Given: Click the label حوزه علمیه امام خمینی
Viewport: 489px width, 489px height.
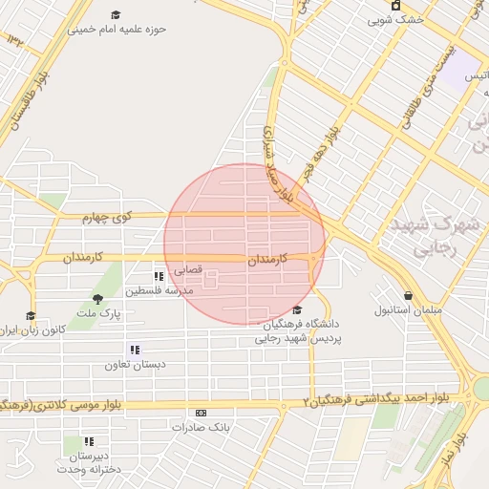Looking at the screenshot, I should click(x=117, y=29).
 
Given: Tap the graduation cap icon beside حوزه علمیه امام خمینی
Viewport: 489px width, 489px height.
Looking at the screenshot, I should click(x=116, y=15).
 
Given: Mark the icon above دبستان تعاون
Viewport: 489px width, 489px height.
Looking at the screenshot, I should click(x=134, y=351).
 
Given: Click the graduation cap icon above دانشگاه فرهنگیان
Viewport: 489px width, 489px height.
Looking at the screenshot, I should click(x=298, y=309).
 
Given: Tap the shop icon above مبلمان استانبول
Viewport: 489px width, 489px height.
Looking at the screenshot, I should click(x=409, y=296).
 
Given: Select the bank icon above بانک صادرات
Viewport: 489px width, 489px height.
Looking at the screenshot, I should click(x=201, y=413).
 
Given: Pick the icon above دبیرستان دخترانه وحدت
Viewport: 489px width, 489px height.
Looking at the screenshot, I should click(x=89, y=441).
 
